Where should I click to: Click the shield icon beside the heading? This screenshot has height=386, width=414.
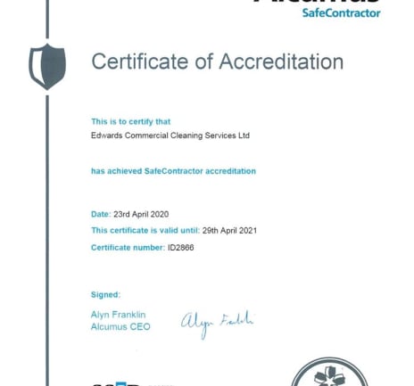click(x=47, y=67)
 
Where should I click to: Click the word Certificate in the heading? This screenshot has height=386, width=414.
click(x=136, y=62)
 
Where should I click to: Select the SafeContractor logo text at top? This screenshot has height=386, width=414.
click(x=341, y=12)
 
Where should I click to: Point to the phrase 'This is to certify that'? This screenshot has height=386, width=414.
click(x=130, y=121)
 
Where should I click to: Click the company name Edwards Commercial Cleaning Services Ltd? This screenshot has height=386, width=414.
click(x=170, y=136)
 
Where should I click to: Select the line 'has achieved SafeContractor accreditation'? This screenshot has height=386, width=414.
click(x=173, y=170)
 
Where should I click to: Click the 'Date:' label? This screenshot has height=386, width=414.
click(x=101, y=214)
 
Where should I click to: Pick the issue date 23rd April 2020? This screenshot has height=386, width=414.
click(x=141, y=214)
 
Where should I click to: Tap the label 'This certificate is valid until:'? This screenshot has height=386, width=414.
click(x=145, y=230)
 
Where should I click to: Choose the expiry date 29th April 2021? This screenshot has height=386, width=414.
click(x=229, y=230)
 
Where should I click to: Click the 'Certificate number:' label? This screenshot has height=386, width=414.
click(x=128, y=247)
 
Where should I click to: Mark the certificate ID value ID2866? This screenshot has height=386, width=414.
click(x=181, y=247)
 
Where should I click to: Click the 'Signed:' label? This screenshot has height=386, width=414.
click(x=105, y=294)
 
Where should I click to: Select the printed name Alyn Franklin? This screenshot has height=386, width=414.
click(x=118, y=315)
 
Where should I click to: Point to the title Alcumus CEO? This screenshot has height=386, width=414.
click(x=120, y=327)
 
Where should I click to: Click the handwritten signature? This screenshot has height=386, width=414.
click(x=217, y=323)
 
